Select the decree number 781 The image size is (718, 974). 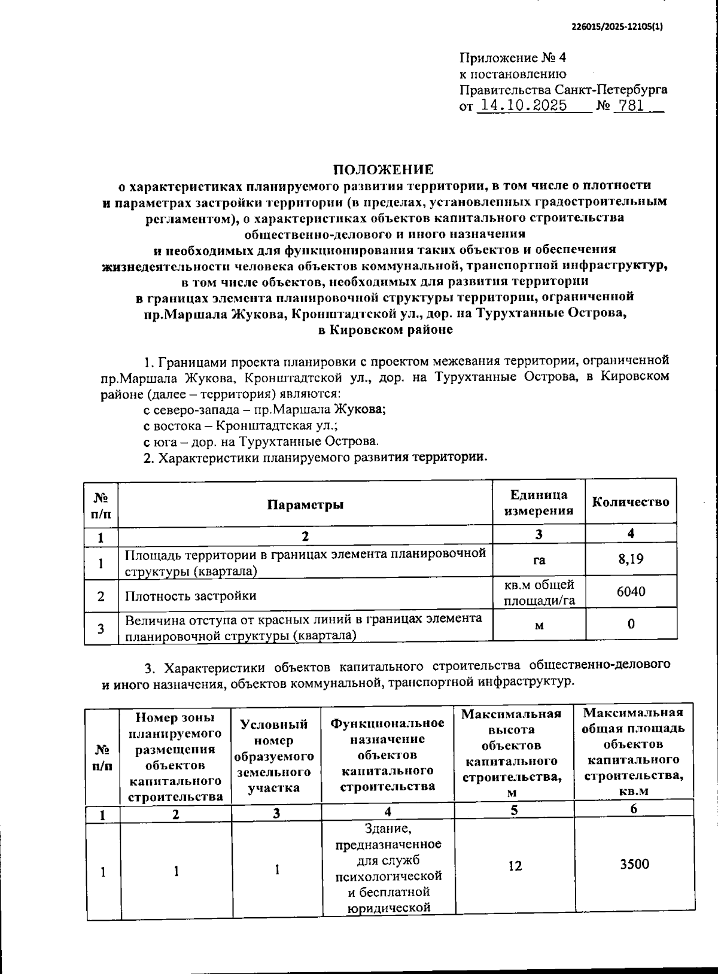pos(631,106)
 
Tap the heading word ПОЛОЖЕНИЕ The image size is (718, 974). pos(384,169)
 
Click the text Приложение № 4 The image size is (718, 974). pos(512,58)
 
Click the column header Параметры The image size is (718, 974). pos(305,504)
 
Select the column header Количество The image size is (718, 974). pos(631,502)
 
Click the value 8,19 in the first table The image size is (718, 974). pos(631,559)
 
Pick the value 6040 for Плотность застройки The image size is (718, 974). pos(631,592)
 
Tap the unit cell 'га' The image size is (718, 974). pos(538,561)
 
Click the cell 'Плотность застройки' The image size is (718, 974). pos(190,596)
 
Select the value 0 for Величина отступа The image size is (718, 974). pos(631,624)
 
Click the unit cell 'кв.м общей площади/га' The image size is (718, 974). pos(538,592)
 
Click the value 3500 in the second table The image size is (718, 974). pos(634,864)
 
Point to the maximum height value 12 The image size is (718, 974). pos(515,866)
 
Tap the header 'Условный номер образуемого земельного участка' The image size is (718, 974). pos(276,756)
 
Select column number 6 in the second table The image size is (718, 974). pos(634,809)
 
